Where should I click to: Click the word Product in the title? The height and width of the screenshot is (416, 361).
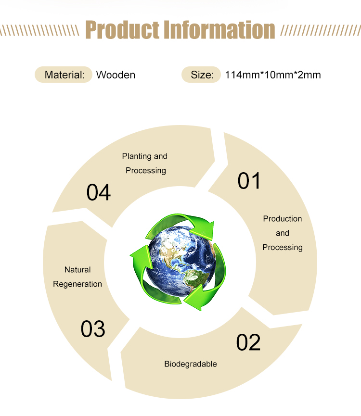[x=122, y=30]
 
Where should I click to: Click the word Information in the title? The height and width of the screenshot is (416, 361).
[x=219, y=30]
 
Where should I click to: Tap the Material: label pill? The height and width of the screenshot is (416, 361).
[x=64, y=75]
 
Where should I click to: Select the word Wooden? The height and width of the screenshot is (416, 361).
[x=116, y=75]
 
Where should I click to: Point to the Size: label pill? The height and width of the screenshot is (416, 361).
[x=201, y=75]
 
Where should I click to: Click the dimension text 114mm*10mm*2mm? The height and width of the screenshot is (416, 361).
[x=273, y=75]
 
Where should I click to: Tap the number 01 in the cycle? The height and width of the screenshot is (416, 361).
[x=249, y=181]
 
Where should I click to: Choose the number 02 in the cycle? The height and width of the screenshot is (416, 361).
[x=248, y=342]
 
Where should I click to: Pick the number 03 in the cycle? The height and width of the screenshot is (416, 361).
[x=93, y=329]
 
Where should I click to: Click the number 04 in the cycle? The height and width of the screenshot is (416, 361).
[x=99, y=192]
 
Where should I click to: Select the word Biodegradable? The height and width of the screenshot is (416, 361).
[x=191, y=364]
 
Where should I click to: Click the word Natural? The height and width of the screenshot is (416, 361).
[x=77, y=270]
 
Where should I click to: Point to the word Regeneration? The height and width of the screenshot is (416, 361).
[x=77, y=284]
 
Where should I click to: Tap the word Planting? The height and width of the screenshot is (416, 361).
[x=137, y=156]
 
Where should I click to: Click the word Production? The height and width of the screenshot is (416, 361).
[x=283, y=219]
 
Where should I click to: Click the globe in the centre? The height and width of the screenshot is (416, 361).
[x=181, y=261]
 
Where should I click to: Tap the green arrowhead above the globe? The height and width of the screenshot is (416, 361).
[x=205, y=227]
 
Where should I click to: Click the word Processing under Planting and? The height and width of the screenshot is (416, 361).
[x=146, y=171]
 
